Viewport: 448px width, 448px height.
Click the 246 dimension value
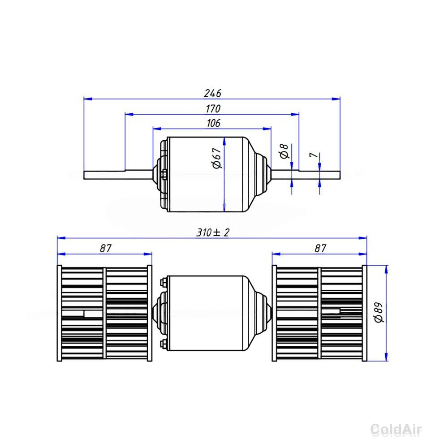(213, 93)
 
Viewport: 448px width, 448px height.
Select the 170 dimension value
(213, 108)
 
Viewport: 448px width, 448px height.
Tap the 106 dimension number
(213, 123)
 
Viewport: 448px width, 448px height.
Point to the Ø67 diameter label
(217, 158)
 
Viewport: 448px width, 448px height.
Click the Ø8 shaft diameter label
(284, 151)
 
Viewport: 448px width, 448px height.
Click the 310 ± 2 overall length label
(212, 233)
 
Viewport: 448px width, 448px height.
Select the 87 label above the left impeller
(105, 248)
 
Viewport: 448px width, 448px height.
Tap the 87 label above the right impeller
(320, 248)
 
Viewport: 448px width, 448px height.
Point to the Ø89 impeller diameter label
(379, 312)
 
